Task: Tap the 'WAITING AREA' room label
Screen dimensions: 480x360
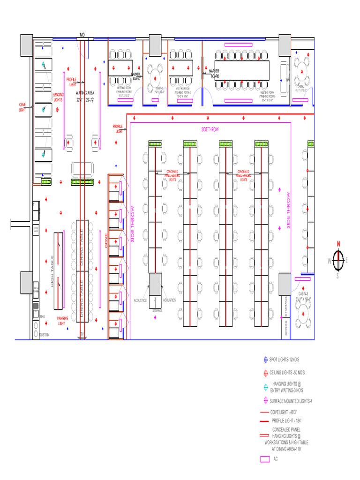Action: (x=85, y=93)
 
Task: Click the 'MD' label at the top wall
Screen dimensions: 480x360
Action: (x=82, y=35)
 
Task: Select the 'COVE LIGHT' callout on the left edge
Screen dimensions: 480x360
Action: (x=22, y=107)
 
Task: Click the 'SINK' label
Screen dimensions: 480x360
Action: (x=42, y=317)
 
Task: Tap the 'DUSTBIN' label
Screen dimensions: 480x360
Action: (x=45, y=334)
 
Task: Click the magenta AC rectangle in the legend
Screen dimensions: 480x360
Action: (x=265, y=459)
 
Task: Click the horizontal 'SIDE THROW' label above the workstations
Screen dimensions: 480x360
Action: (x=210, y=129)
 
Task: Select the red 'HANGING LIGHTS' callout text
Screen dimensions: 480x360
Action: (x=58, y=97)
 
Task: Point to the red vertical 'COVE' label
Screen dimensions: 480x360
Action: (x=106, y=240)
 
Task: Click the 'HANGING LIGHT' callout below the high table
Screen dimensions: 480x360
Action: (x=63, y=321)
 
